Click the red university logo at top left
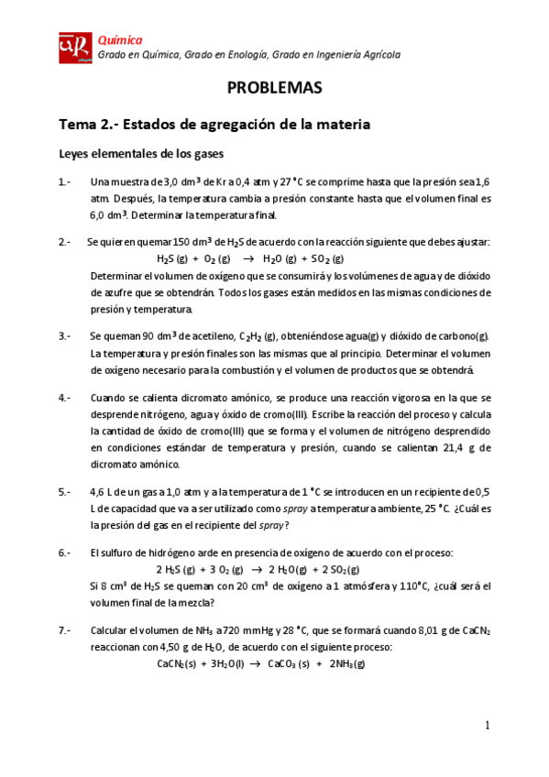click(x=75, y=48)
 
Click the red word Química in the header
click(x=120, y=39)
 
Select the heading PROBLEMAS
click(x=274, y=89)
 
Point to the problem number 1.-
click(x=66, y=181)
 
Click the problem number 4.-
click(x=66, y=398)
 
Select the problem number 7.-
click(x=66, y=630)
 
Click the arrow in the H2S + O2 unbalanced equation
click(x=247, y=258)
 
